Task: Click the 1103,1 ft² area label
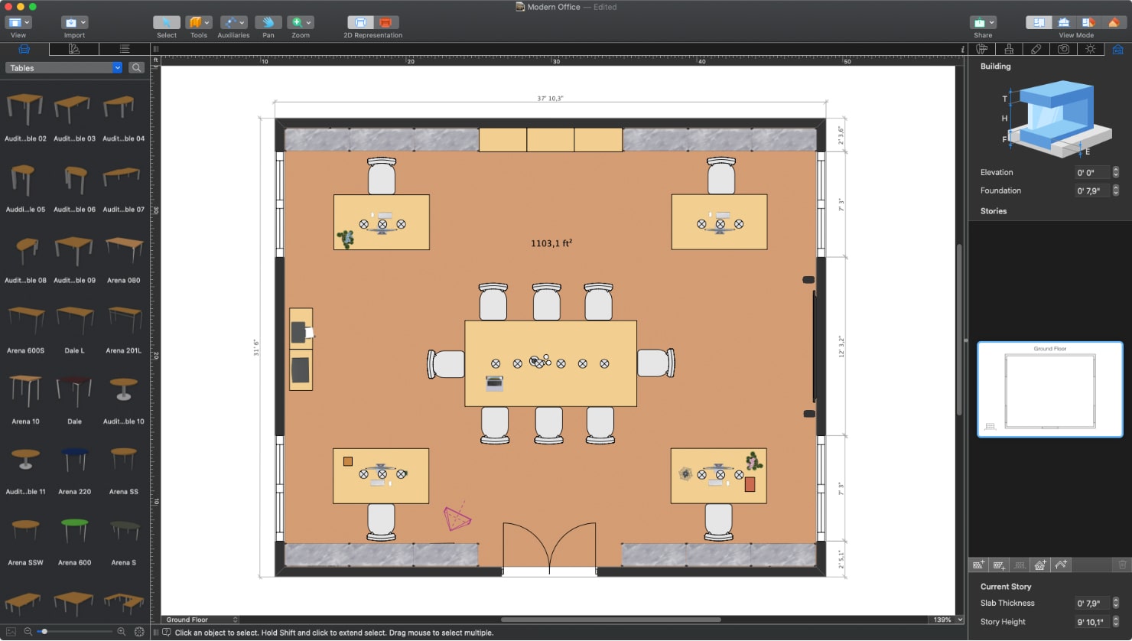551,243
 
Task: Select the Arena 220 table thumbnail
74,461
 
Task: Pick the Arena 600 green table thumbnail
74,531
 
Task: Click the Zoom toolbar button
301,23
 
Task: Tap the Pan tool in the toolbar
268,23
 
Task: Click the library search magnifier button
137,68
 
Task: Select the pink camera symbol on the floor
457,519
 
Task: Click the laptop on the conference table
494,382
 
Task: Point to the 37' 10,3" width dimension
550,98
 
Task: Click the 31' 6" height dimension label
256,348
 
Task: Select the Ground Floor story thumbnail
1049,389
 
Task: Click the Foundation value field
1092,190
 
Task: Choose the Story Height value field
1092,622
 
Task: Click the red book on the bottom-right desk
750,484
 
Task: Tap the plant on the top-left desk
346,239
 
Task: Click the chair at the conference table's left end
447,364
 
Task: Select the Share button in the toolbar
983,23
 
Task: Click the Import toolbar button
74,23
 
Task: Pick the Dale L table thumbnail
74,320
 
